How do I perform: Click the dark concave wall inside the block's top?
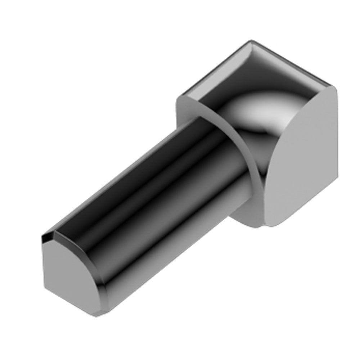click(230, 79)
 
